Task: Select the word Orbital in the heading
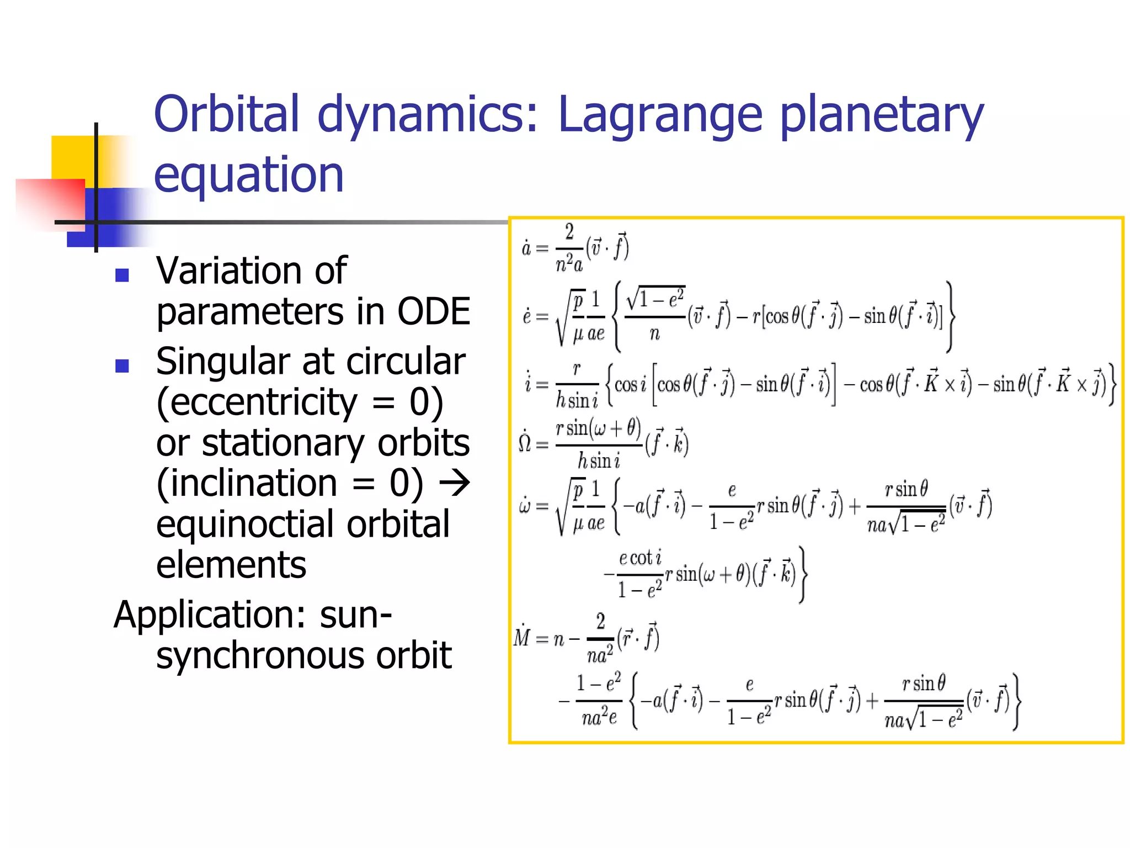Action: pos(227,114)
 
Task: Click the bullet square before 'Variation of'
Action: pos(122,274)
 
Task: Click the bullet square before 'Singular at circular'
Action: pos(122,365)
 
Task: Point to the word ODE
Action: pos(434,312)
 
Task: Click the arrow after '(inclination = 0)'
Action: pos(454,483)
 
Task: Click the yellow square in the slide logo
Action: pos(69,157)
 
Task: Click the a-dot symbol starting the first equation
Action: pos(526,248)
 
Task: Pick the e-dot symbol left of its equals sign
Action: pos(527,316)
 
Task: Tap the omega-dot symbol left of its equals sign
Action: pos(525,506)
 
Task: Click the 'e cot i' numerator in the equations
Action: pos(640,558)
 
